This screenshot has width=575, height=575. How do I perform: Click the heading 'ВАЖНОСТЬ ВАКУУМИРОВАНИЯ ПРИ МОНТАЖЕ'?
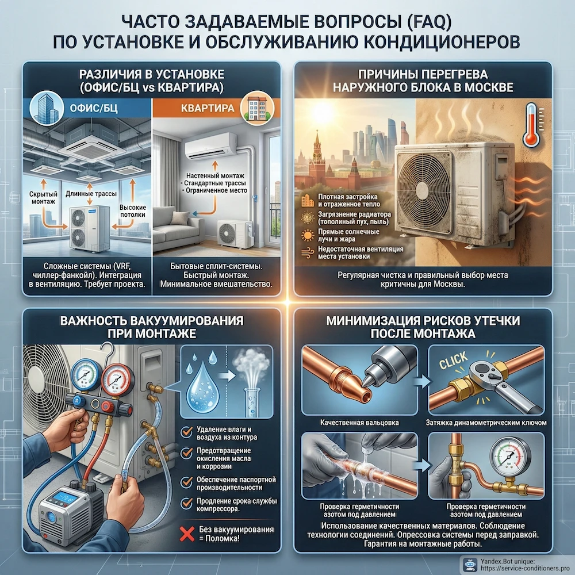(x=151, y=327)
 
